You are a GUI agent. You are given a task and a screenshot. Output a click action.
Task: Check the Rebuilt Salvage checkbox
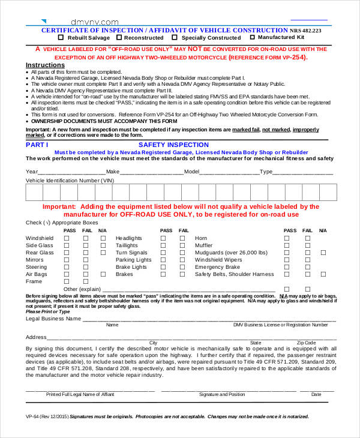[x=61, y=37]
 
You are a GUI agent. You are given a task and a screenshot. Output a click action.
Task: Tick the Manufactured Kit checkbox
[x=252, y=37]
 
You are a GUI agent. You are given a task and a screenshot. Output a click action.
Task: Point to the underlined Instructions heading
[x=45, y=65]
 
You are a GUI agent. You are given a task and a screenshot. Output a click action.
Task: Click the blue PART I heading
[x=37, y=145]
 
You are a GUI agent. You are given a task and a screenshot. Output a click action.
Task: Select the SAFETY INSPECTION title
[x=173, y=145]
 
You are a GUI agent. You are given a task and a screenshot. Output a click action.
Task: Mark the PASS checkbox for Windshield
[x=67, y=238]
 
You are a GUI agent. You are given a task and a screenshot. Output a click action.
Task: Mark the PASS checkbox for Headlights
[x=163, y=238]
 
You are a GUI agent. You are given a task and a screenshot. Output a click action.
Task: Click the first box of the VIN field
[x=34, y=192]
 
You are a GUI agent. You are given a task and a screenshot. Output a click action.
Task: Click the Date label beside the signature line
[x=316, y=395]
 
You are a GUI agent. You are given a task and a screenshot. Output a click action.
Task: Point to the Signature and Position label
[x=222, y=395]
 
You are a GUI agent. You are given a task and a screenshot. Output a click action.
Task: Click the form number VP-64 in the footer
[x=34, y=416]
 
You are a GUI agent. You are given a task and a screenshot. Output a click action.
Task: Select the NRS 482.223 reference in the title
[x=305, y=30]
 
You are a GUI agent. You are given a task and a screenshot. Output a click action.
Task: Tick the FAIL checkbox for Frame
[x=86, y=281]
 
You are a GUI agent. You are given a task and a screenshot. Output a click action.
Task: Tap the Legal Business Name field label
[x=53, y=319]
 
